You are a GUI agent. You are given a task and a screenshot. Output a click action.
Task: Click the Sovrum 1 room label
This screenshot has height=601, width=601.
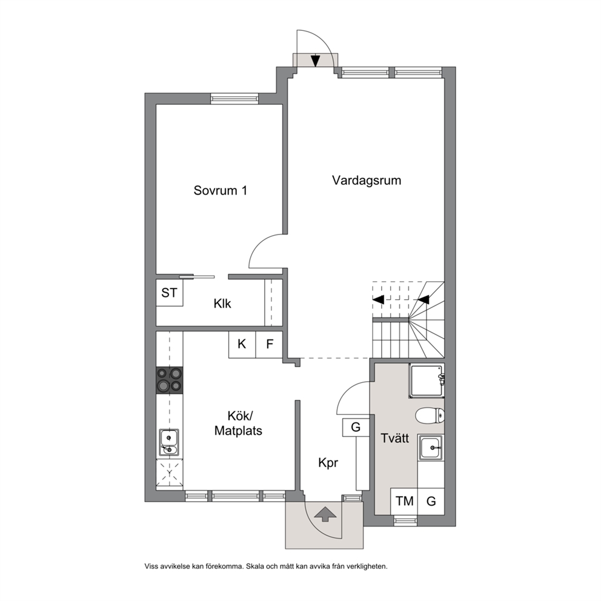point(220,190)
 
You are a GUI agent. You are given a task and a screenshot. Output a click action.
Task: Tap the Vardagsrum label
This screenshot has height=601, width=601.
point(367,180)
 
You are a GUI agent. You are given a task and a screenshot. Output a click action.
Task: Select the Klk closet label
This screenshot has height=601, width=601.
point(222,304)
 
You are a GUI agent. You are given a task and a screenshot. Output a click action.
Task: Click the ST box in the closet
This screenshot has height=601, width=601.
point(170,293)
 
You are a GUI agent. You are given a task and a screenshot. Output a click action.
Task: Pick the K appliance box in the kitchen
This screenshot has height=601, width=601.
point(242,344)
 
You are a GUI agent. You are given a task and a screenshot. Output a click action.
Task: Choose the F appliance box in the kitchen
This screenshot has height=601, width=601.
point(270,344)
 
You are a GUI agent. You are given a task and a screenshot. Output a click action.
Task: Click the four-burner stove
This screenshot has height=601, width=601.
point(170,380)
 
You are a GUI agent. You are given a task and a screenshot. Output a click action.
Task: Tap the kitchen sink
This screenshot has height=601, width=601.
point(169,442)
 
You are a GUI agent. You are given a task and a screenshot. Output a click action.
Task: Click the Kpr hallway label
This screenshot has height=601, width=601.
point(328,463)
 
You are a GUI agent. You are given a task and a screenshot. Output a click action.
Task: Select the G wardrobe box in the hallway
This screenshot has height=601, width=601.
point(356,427)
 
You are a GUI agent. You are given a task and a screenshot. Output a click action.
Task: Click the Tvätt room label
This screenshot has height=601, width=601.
point(395,438)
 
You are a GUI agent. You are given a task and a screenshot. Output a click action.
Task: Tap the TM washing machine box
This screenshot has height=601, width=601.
point(404,502)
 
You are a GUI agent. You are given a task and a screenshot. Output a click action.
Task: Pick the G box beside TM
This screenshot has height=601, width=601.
point(431,502)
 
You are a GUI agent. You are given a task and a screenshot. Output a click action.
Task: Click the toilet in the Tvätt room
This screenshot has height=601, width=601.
point(430,416)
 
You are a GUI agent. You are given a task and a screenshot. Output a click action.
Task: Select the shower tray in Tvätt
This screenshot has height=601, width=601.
point(427,380)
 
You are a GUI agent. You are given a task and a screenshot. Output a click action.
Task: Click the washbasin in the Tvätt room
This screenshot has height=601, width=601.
point(431,448)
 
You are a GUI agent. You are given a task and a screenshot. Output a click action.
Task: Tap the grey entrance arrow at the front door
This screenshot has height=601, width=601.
point(325,514)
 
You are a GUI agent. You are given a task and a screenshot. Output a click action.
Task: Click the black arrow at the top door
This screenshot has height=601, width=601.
point(316,61)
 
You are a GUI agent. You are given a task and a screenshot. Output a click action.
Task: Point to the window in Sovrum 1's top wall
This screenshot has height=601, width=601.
point(233,99)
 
